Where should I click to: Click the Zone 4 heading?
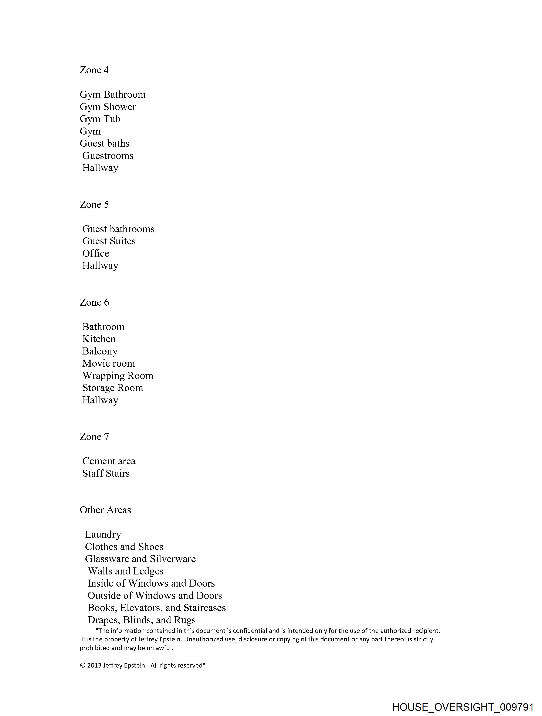click(x=94, y=70)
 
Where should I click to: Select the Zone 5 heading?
click(x=94, y=205)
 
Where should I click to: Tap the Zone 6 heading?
click(x=94, y=302)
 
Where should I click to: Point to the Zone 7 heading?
click(x=94, y=437)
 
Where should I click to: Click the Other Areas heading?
click(x=105, y=510)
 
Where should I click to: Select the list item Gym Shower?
click(x=108, y=107)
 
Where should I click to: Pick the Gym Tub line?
click(x=100, y=119)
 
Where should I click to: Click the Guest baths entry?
click(x=105, y=143)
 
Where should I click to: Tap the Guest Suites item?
click(x=109, y=241)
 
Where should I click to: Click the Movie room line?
click(x=108, y=363)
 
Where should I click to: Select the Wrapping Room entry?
click(x=118, y=376)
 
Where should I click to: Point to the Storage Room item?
click(x=112, y=388)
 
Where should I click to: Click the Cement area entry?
click(x=109, y=461)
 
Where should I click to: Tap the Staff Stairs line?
click(x=106, y=473)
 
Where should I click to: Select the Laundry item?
click(x=103, y=535)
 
